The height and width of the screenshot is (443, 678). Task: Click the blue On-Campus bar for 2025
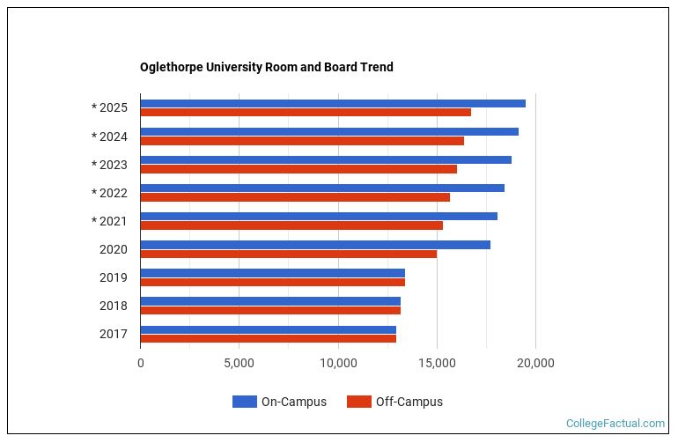click(333, 103)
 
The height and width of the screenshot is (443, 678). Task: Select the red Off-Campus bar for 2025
click(306, 113)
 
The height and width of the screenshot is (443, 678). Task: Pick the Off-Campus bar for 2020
click(288, 254)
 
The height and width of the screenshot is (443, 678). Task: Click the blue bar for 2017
click(268, 329)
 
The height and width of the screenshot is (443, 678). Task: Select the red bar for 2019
click(272, 282)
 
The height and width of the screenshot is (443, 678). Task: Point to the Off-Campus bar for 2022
click(295, 197)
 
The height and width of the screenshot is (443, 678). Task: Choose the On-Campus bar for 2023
click(326, 159)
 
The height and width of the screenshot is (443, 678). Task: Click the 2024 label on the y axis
click(114, 137)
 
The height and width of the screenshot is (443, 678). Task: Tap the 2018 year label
click(114, 306)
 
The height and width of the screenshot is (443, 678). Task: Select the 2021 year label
click(114, 221)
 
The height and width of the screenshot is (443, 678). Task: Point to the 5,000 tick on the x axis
click(239, 362)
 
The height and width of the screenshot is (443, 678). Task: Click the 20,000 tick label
click(535, 362)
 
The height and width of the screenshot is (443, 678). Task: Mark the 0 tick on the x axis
click(140, 362)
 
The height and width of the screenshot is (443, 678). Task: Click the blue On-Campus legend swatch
click(244, 402)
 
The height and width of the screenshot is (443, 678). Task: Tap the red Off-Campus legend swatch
click(358, 402)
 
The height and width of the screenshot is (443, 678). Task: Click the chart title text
click(266, 67)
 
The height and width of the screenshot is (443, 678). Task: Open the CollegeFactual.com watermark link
click(615, 424)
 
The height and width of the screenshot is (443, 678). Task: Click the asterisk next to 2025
click(94, 108)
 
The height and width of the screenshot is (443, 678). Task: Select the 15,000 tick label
click(437, 362)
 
